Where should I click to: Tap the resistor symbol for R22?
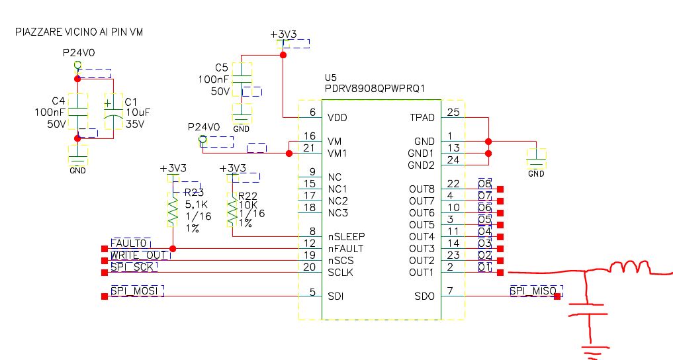(x=232, y=210)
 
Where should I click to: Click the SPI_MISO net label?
(x=533, y=291)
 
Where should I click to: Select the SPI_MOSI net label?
(x=136, y=291)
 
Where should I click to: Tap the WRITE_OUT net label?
(x=139, y=255)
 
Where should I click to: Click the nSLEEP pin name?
(x=346, y=237)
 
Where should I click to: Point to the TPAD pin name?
(x=422, y=118)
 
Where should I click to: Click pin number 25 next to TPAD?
(x=453, y=112)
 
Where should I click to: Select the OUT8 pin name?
(x=422, y=189)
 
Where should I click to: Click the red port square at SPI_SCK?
(x=105, y=273)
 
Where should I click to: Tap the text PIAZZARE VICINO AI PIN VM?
(x=79, y=32)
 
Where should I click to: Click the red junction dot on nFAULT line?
(x=173, y=249)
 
